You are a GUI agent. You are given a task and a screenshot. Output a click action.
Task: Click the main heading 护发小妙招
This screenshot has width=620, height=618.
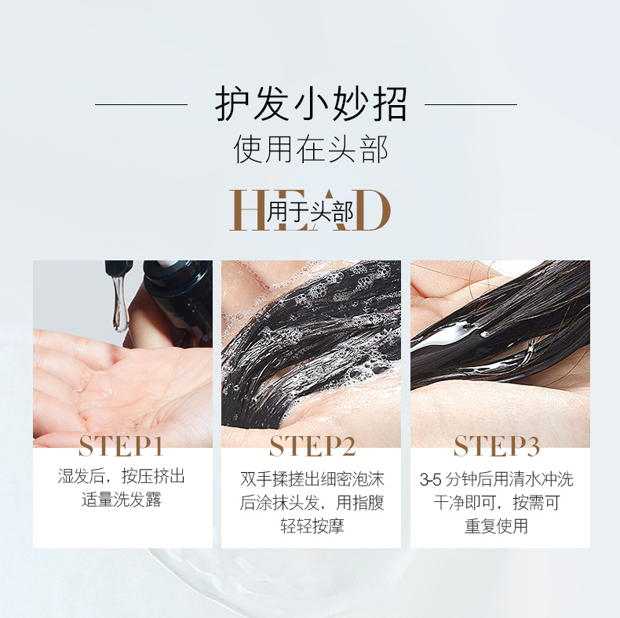311,104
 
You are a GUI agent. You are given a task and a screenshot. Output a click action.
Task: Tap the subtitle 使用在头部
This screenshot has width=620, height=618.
311,149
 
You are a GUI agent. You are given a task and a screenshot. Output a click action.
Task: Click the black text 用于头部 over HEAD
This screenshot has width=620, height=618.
310,212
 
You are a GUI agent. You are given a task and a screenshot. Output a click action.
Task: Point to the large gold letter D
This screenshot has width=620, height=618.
373,210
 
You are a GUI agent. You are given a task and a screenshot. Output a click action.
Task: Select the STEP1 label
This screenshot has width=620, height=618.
121,446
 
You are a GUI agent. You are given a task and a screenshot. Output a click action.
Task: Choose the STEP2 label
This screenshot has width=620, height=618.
312,445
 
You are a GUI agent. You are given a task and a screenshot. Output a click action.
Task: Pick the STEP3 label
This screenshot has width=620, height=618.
497,445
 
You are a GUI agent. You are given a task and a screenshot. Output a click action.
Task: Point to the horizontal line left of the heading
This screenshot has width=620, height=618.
141,105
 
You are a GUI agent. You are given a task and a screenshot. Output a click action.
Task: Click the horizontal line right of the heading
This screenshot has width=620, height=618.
471,105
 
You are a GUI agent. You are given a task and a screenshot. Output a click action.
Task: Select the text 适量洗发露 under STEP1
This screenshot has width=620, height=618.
122,500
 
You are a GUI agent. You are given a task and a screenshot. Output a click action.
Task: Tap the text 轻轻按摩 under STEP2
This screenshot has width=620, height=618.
312,526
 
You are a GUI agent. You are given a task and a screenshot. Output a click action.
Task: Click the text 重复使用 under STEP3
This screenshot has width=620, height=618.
496,526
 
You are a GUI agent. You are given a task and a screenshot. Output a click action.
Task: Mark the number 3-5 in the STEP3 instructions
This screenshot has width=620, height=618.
430,480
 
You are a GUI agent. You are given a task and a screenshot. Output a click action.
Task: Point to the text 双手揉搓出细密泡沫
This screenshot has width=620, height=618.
312,479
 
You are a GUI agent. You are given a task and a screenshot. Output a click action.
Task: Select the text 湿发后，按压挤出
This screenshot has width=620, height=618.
122,477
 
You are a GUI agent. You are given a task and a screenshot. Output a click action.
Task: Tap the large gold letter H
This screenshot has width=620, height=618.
248,210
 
